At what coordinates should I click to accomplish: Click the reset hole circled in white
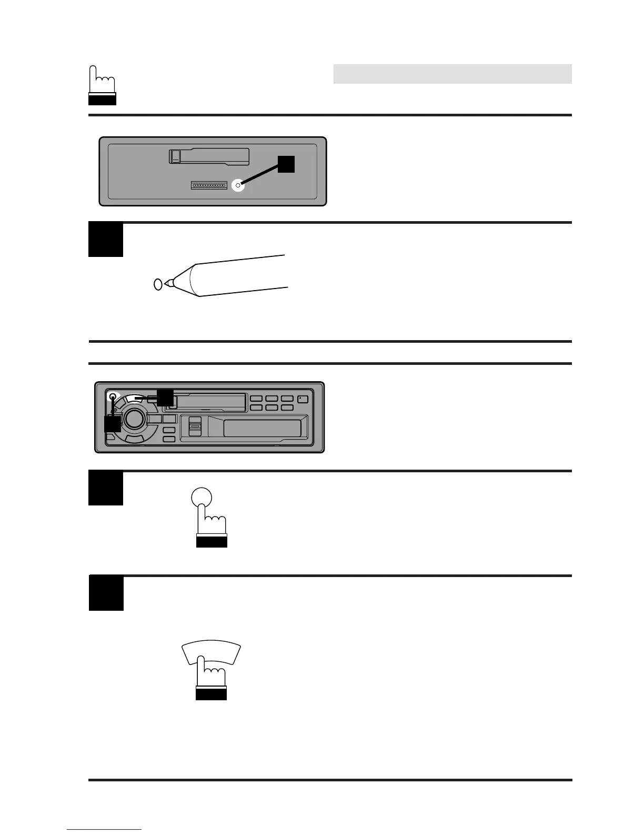[238, 185]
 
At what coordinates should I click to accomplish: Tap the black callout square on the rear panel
[286, 164]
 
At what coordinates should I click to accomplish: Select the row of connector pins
[209, 185]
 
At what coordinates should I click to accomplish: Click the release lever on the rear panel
[176, 156]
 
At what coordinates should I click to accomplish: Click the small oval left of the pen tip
[157, 284]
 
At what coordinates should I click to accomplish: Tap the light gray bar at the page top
[452, 74]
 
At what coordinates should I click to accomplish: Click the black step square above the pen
[105, 240]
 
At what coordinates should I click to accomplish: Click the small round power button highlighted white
[113, 397]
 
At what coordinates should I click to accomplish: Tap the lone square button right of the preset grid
[303, 399]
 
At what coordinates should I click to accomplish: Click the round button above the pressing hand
[201, 497]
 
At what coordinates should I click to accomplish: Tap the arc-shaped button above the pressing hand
[210, 653]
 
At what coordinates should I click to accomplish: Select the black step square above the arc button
[106, 593]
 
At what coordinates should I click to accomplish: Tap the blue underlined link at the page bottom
[104, 829]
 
